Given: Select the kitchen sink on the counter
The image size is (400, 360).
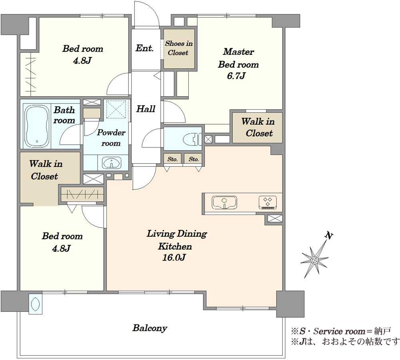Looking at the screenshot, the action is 224,203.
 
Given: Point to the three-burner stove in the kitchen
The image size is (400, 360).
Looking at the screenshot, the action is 268,203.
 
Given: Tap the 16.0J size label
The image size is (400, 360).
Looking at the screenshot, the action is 174,258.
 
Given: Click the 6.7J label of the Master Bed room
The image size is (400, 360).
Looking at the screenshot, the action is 236,76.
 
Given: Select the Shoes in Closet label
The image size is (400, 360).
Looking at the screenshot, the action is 178,48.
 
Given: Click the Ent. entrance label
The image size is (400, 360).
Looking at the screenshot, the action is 145,48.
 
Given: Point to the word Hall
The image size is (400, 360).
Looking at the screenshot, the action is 146,109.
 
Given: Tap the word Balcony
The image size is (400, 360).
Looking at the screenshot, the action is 150,328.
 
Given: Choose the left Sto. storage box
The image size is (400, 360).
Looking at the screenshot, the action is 173,159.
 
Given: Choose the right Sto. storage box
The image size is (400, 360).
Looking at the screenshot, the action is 194,159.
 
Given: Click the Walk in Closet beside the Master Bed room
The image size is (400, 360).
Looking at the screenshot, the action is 258,127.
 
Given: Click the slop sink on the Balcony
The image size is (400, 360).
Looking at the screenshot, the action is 36,303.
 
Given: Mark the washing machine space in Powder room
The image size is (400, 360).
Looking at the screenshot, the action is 116,109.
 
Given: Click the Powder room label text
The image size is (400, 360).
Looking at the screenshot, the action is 111,138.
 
